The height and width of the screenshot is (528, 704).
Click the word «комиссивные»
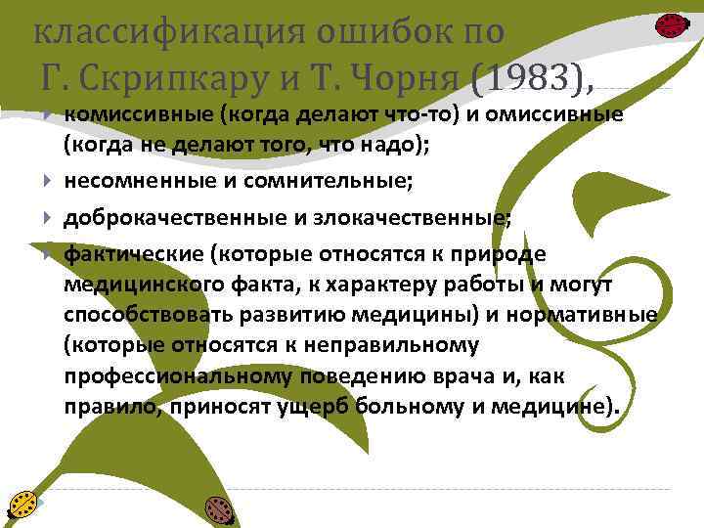click(138, 117)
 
